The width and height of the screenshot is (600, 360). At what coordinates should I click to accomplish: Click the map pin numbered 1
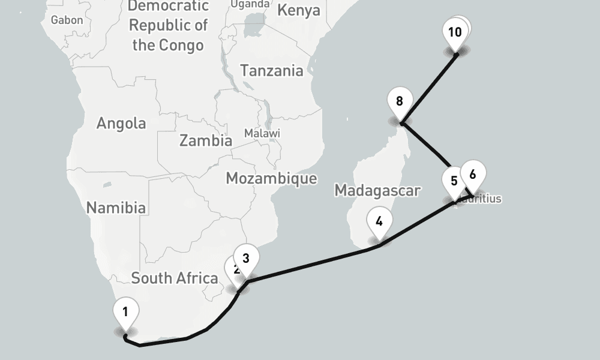tap(125, 313)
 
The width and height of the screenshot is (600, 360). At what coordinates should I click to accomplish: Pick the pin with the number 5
tap(453, 181)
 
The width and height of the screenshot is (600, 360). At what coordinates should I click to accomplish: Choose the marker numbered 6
tap(473, 175)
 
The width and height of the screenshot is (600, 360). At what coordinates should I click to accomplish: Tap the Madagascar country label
tap(377, 190)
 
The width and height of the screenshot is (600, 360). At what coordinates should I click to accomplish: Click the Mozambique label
tap(271, 178)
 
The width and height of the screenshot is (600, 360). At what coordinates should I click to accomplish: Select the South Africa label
tap(174, 278)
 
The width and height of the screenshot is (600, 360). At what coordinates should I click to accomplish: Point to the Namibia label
tap(116, 208)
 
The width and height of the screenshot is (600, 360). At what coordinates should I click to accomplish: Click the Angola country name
tap(121, 123)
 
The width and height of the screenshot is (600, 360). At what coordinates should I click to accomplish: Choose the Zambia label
tap(206, 141)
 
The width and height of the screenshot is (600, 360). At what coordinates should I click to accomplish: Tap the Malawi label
tap(262, 133)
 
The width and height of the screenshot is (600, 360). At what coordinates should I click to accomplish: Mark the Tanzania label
tap(272, 71)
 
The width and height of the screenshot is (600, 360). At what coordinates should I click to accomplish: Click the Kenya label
tap(299, 11)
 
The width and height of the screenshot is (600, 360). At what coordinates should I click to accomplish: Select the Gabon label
tap(67, 20)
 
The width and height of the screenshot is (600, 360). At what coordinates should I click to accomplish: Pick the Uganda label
tap(250, 4)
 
